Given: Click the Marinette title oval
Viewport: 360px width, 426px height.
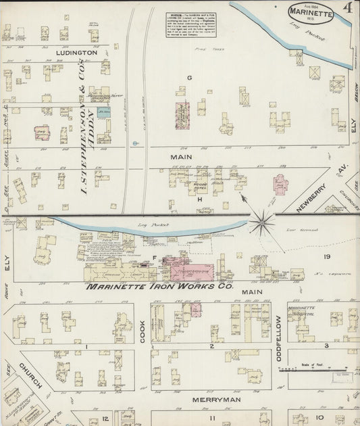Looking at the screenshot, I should [310, 13].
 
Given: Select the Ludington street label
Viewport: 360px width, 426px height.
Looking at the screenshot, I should [77, 52].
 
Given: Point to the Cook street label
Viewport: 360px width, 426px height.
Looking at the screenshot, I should [143, 331].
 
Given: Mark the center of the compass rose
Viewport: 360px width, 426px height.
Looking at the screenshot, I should [261, 221].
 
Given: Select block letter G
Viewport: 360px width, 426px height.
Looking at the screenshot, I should [190, 78].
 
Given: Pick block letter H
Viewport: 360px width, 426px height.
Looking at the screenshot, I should [199, 199].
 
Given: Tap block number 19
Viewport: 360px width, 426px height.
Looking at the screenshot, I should [326, 257].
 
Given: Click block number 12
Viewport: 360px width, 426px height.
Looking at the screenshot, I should [105, 419].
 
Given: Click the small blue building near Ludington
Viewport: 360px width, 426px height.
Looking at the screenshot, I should [103, 112].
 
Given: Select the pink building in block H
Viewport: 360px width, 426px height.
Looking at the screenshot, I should [280, 183].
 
